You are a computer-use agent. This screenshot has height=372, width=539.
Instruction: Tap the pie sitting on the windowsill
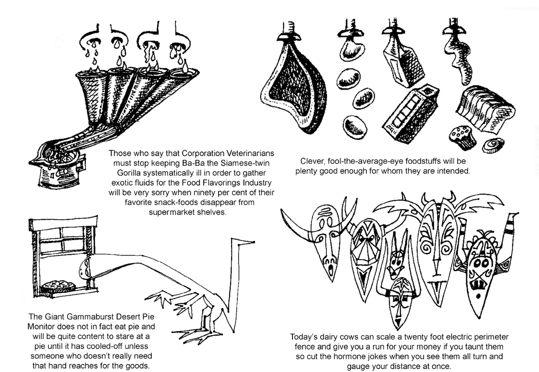[x=58, y=286]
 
